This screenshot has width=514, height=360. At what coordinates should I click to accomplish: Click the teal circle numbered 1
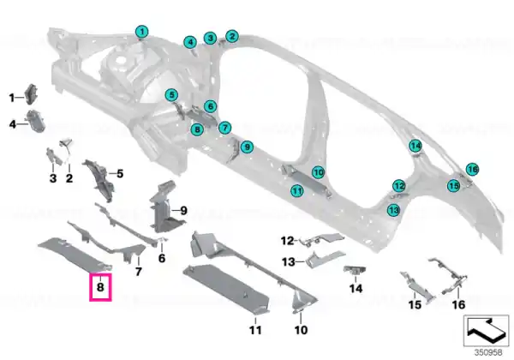click(142, 32)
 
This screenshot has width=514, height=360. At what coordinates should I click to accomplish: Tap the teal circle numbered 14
click(415, 146)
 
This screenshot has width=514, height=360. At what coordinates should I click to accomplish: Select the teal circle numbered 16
click(472, 169)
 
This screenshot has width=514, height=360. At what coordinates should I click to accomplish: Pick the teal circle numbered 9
click(248, 147)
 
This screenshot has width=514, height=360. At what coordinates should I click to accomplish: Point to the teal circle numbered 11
click(297, 190)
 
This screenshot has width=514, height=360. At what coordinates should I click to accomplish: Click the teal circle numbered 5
click(171, 95)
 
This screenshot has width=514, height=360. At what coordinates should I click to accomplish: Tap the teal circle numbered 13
click(393, 209)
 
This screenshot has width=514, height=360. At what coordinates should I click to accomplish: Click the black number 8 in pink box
click(100, 287)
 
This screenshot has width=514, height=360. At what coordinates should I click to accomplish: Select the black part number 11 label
click(255, 329)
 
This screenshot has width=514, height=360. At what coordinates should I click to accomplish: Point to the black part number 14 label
click(356, 289)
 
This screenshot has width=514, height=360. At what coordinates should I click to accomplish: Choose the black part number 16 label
click(458, 304)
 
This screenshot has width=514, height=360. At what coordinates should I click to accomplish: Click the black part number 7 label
click(138, 272)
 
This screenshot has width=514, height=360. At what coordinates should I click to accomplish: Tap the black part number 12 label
click(288, 241)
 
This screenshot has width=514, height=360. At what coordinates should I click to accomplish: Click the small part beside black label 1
click(32, 93)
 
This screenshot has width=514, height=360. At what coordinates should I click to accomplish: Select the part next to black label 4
click(35, 121)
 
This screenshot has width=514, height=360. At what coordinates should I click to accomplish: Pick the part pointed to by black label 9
click(164, 206)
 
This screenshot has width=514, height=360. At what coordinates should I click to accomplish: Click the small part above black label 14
click(356, 270)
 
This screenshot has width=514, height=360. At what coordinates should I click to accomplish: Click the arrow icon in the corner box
click(486, 329)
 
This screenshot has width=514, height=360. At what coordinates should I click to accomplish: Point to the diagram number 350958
click(488, 353)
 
